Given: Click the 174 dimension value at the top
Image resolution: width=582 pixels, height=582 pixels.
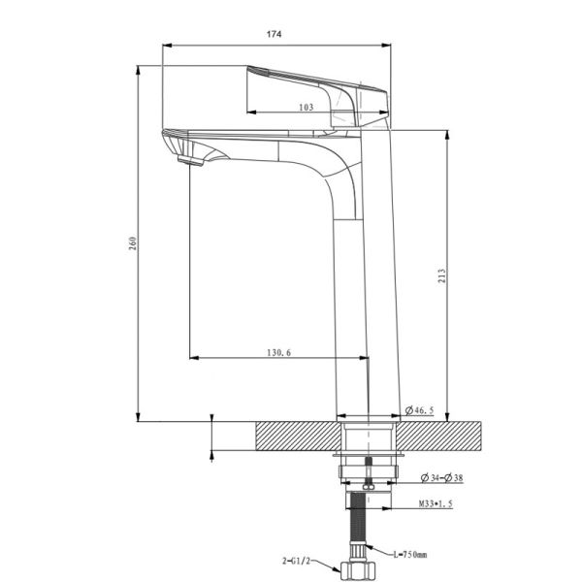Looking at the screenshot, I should (274, 35).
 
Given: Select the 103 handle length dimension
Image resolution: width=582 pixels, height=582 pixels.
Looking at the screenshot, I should (307, 108).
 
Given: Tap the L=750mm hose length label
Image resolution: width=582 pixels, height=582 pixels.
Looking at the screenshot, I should (412, 554).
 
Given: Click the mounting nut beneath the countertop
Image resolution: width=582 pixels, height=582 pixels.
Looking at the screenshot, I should (368, 471).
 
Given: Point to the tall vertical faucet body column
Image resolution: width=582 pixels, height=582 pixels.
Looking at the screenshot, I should (367, 291).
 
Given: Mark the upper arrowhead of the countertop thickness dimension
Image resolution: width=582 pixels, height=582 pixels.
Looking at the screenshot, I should (212, 418).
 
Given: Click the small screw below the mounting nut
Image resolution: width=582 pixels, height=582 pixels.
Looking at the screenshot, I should (368, 487).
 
